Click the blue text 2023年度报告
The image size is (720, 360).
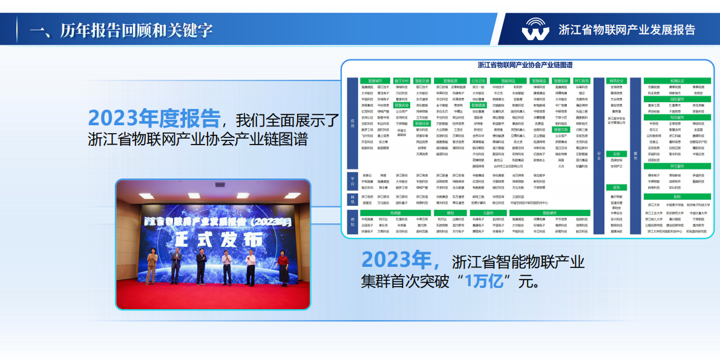click(x=154, y=117)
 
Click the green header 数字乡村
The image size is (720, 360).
click(x=402, y=80)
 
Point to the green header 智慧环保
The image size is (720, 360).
click(x=422, y=123)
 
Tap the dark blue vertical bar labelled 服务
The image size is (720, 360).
click(x=636, y=154)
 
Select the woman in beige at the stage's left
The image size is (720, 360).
click(x=151, y=267)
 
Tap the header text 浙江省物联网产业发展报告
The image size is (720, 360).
click(x=627, y=30)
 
